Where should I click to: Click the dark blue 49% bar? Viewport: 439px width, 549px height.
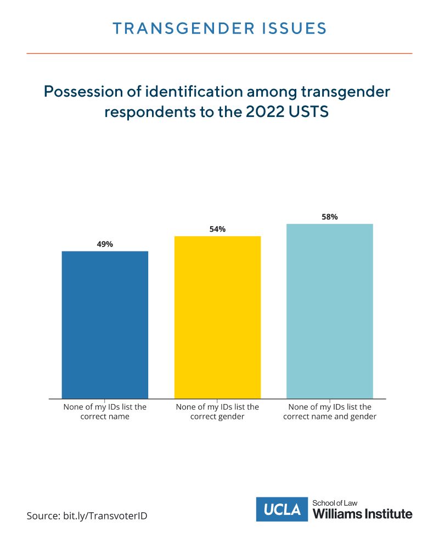point(105,324)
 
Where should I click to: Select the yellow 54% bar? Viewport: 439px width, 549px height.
point(217,317)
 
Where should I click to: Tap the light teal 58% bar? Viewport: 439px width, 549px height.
point(330,311)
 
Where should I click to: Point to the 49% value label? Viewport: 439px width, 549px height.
point(105,244)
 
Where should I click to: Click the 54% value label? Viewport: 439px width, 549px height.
point(217,229)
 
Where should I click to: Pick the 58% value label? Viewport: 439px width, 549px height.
point(330,217)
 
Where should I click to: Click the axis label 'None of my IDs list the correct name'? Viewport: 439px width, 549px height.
point(105,412)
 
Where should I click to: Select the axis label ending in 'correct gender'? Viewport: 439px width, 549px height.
point(217,412)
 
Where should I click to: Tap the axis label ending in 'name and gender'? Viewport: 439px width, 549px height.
point(330,412)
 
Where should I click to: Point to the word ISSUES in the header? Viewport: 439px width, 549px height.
point(295,29)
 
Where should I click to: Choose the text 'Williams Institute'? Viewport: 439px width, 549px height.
point(362,514)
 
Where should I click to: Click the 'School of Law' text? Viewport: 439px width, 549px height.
point(334,502)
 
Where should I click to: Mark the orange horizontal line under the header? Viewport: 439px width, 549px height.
point(219,53)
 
